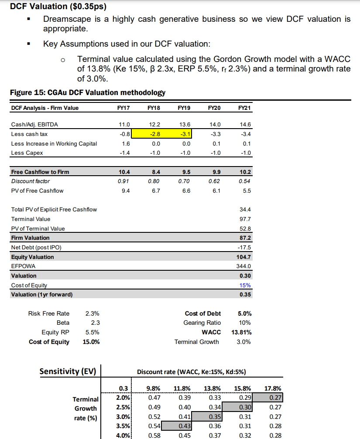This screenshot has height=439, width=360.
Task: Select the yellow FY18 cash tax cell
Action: point(153,134)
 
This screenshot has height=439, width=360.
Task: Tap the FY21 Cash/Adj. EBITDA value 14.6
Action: point(245,124)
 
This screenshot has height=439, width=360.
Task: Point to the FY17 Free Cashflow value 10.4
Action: point(124,172)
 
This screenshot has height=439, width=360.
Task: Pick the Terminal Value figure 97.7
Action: point(245,219)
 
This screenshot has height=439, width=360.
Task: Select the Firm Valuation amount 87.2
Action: point(245,238)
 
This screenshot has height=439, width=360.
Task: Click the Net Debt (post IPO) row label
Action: point(36,247)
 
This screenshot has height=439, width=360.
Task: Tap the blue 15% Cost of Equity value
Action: point(245,285)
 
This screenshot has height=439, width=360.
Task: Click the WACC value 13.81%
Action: point(242,332)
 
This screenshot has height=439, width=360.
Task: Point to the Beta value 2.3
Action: point(95,323)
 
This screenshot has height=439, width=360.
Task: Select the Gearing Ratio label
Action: point(202,323)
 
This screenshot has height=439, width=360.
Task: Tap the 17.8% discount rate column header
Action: point(273,388)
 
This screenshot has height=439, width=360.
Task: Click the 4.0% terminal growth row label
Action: point(123,435)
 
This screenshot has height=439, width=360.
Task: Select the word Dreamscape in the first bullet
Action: point(66,19)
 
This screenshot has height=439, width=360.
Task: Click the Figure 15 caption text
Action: point(87,92)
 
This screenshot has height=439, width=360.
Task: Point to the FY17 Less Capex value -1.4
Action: point(124,153)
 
